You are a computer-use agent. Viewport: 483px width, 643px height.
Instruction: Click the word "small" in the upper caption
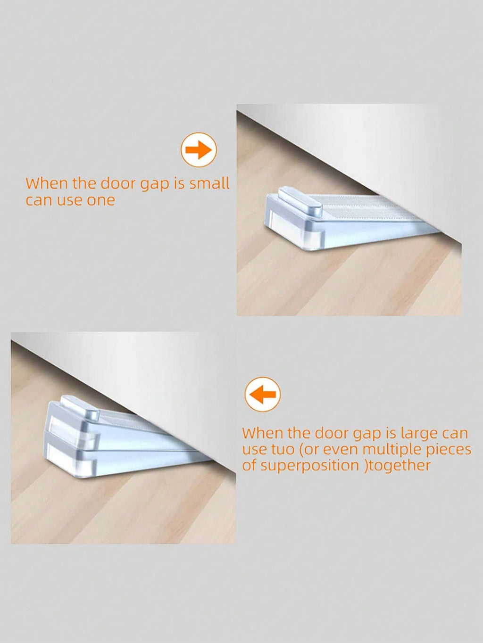(208, 184)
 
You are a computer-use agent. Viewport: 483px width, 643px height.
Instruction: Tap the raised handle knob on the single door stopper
(301, 202)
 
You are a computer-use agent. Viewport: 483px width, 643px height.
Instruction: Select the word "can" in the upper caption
(37, 201)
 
